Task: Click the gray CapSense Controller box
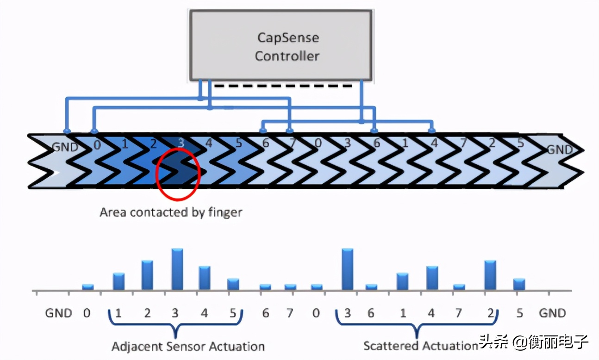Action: tap(281, 45)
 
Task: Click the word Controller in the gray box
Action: tap(287, 56)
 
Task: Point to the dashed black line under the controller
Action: tap(283, 86)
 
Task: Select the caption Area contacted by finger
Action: tap(171, 213)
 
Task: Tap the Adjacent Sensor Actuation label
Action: tap(188, 347)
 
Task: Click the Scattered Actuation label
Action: tap(421, 346)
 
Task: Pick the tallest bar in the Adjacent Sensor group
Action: tap(177, 269)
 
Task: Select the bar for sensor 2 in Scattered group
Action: tap(490, 275)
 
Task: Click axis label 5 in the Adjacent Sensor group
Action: tap(233, 313)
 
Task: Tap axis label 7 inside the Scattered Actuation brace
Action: tap(459, 313)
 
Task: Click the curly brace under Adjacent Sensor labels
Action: tap(175, 325)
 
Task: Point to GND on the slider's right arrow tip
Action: tap(560, 149)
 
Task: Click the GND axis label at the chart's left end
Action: tap(59, 313)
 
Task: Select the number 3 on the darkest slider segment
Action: tap(181, 143)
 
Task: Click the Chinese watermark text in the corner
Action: tap(533, 342)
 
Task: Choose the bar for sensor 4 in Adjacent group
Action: tap(205, 278)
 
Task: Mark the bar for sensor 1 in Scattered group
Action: tap(402, 281)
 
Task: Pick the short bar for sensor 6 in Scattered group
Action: tap(371, 287)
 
